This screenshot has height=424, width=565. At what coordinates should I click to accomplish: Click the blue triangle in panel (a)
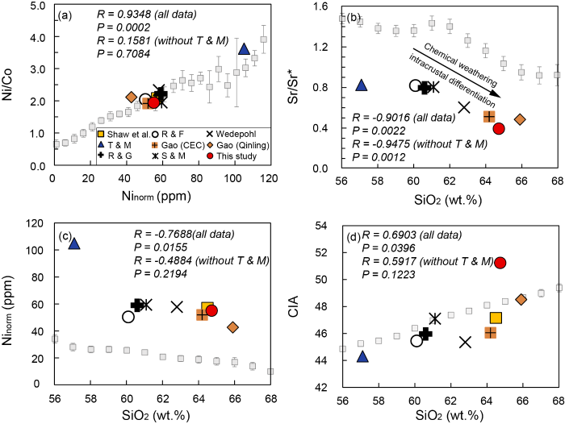point(245,49)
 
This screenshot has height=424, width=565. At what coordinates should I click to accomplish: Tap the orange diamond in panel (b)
point(520,119)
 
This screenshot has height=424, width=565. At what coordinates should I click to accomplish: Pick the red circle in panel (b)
point(499,128)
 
